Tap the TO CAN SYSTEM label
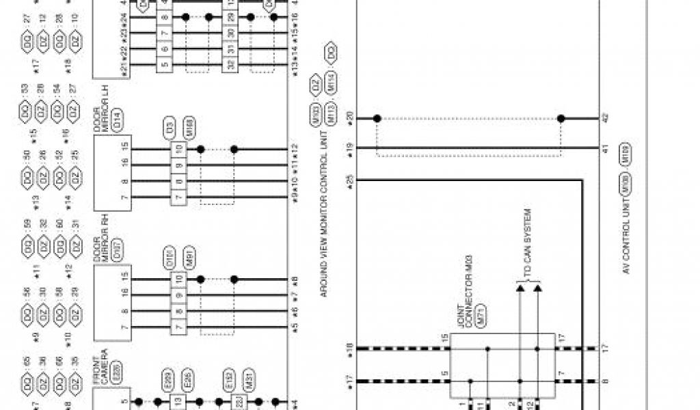click(528, 243)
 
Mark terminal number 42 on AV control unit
click(604, 118)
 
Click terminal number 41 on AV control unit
click(604, 148)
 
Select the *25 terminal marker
click(349, 181)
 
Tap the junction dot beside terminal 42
click(561, 118)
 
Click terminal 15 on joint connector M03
click(444, 338)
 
